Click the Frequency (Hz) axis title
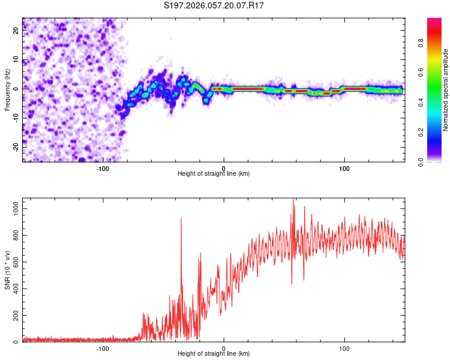click(7, 89)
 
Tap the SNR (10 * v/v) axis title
click(7, 270)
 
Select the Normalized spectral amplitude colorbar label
click(445, 90)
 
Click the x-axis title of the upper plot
click(214, 173)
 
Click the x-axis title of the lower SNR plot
click(214, 353)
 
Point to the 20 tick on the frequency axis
click(16, 31)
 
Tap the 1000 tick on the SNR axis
click(13, 206)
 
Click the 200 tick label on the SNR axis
click(15, 315)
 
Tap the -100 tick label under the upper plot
click(103, 168)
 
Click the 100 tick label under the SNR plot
click(344, 348)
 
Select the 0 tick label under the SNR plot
click(224, 348)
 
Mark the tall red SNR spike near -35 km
click(181, 220)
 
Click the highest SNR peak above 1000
click(293, 200)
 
